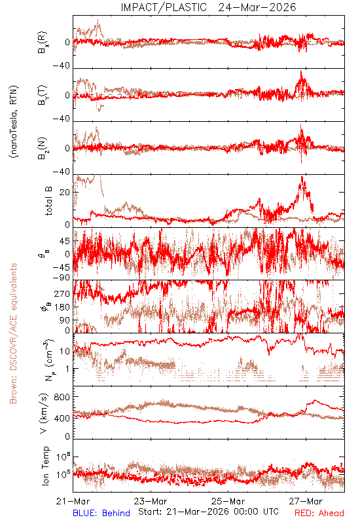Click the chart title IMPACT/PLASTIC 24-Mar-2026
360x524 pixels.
point(208,7)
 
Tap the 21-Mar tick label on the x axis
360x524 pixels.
point(73,501)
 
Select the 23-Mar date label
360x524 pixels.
point(151,501)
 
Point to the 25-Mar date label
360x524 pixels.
point(228,501)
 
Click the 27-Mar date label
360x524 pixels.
point(306,501)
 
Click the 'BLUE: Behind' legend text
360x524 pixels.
point(101,514)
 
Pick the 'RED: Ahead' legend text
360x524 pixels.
point(319,514)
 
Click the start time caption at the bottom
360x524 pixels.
point(208,512)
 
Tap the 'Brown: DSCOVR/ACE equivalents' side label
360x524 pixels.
point(13,333)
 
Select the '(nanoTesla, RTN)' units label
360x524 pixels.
point(14,121)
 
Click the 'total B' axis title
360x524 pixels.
point(48,201)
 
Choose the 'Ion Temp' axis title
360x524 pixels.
point(45,466)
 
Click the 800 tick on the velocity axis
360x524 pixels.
point(62,397)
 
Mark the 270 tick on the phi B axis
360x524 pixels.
point(62,293)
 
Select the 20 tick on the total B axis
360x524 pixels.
point(64,193)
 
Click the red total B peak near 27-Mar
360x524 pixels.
point(302,177)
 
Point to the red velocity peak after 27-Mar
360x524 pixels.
point(315,400)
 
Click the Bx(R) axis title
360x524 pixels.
point(43,42)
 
